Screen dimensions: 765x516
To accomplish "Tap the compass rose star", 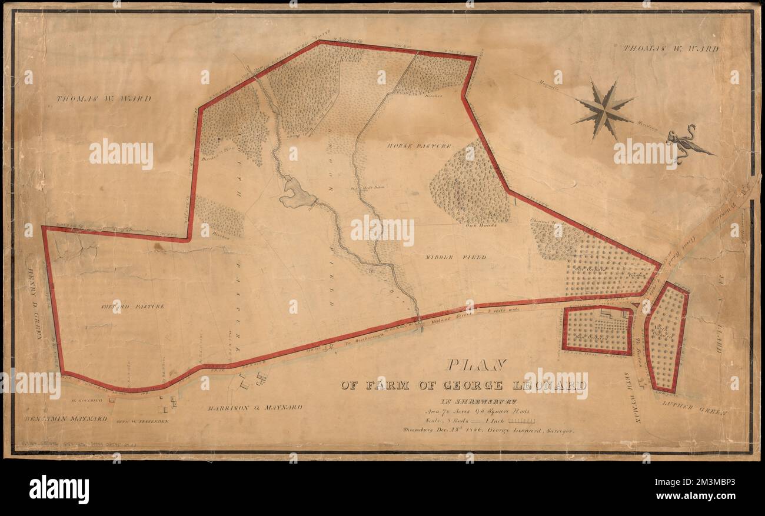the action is pyautogui.click(x=604, y=110).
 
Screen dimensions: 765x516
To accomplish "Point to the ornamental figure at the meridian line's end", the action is pyautogui.click(x=686, y=143).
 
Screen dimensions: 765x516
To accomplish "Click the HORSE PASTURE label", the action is pyautogui.click(x=419, y=145).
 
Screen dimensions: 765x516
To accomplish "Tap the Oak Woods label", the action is pyautogui.click(x=481, y=225).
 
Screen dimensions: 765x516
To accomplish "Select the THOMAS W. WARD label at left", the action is pyautogui.click(x=103, y=98).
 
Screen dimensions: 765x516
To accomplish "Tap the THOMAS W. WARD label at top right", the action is pyautogui.click(x=671, y=49).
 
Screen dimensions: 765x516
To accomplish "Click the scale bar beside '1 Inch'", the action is pyautogui.click(x=521, y=421).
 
